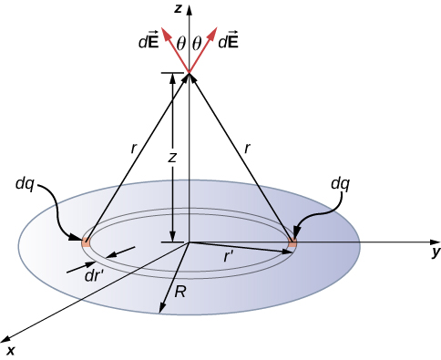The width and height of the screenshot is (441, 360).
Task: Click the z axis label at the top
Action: (x=180, y=8)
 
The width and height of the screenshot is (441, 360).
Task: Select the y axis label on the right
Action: (x=436, y=251)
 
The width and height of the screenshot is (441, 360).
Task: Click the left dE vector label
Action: (x=147, y=42)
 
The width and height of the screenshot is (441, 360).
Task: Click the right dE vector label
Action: (x=229, y=42)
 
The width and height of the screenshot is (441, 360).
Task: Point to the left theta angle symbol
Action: (x=180, y=43)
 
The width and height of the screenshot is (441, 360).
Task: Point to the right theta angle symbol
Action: (x=197, y=43)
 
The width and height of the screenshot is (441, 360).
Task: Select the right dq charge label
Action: (x=341, y=183)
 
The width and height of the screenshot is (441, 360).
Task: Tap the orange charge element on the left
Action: (x=86, y=242)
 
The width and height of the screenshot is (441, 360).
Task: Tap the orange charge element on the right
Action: (x=292, y=244)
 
